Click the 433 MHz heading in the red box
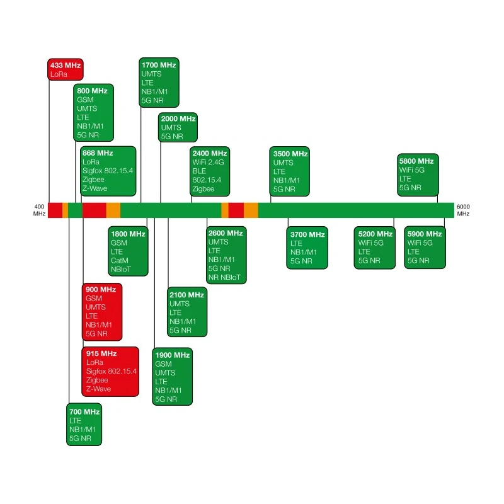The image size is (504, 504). coord(66,66)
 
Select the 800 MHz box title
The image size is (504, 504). coord(92,91)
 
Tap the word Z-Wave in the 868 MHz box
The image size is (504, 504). coord(94,188)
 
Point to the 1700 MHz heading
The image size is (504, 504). coord(159,65)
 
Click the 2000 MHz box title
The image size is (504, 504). coord(178,118)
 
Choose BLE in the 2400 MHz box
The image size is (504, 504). coord(199,171)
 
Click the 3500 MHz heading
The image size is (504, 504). coord(290,154)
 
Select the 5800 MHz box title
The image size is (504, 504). coord(416,161)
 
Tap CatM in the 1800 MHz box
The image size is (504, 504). coord(119,260)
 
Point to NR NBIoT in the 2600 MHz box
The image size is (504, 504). coord(224,277)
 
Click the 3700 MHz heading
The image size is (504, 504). coord(307,234)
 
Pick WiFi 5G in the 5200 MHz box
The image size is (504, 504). coord(370,243)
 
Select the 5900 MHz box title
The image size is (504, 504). coord(424,234)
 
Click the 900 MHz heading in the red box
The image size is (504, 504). coord(101,289)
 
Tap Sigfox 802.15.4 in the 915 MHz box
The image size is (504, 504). coord(112,371)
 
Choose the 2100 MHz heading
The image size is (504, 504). coord(186,295)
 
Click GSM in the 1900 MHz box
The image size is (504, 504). coord(163,364)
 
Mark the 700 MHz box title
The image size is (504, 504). coord(84,412)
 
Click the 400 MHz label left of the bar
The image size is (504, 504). coord(39,210)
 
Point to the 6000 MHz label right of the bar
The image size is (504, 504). coord(463,210)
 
